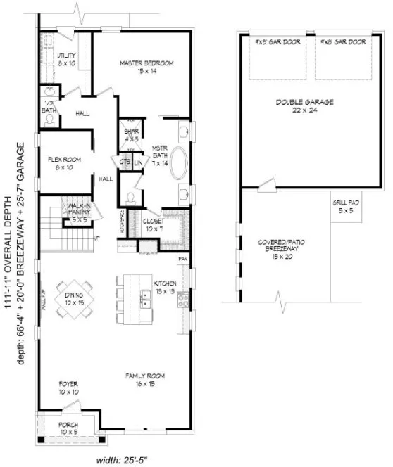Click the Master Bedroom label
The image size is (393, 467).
tap(146, 66)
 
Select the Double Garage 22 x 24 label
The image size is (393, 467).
tap(304, 106)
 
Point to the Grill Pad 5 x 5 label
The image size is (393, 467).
tap(346, 207)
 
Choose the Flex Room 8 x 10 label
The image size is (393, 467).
tap(64, 164)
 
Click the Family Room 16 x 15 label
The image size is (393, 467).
tap(146, 380)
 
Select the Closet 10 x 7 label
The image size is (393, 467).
tap(154, 225)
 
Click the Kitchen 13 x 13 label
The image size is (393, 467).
tap(165, 286)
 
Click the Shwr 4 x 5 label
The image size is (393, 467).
tap(131, 135)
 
